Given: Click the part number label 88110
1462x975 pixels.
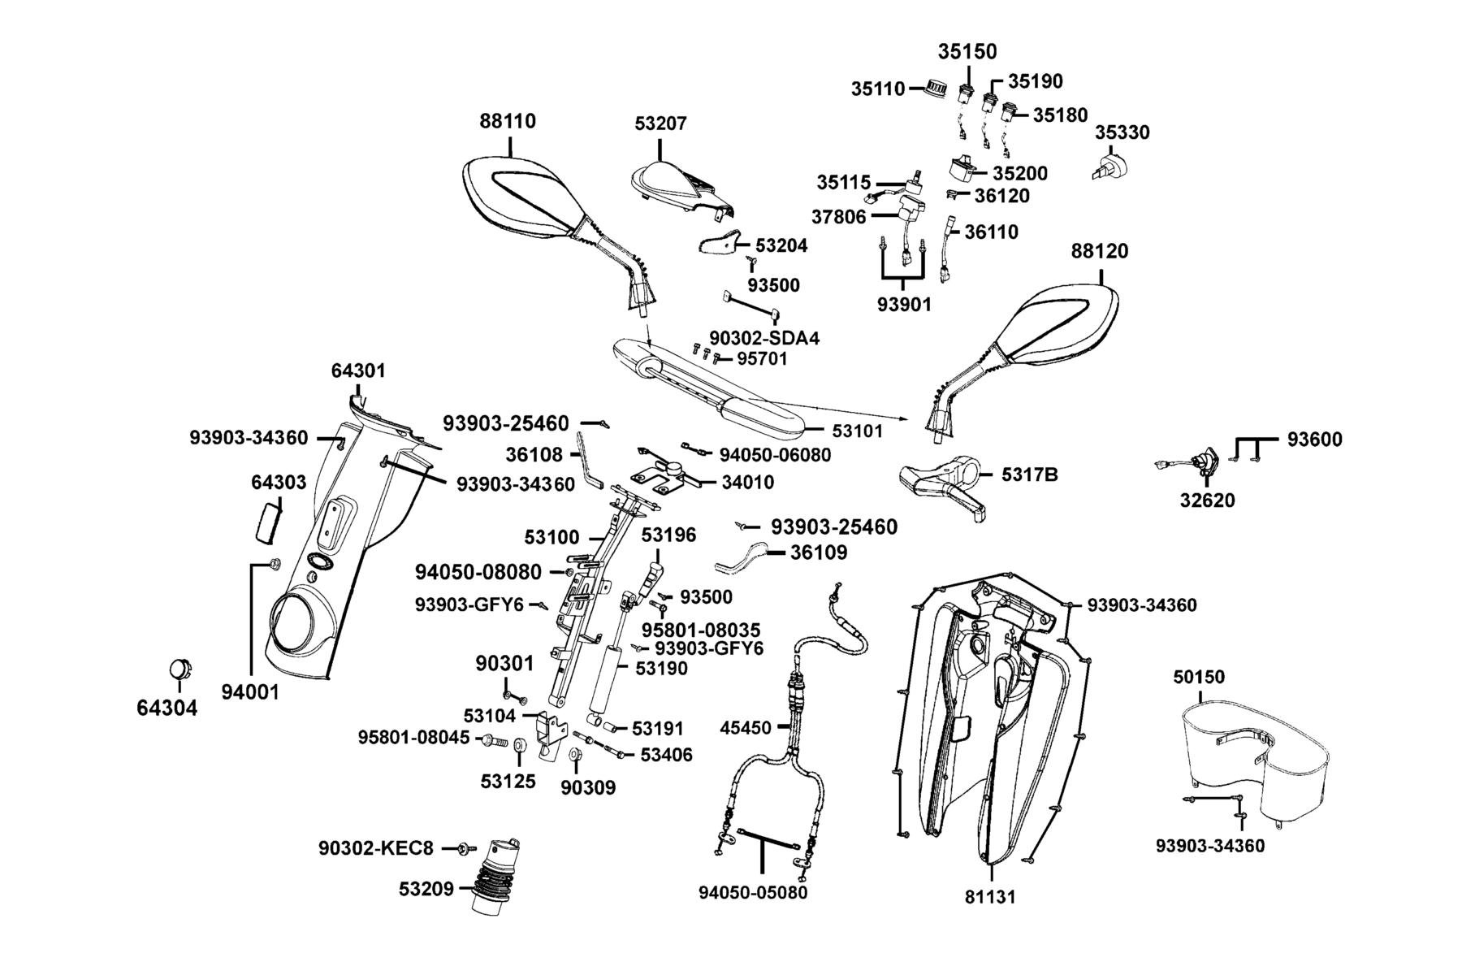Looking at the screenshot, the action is pos(508,121).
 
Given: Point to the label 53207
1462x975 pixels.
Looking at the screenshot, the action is pos(660,123).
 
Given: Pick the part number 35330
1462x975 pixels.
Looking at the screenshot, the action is pos(1122,132).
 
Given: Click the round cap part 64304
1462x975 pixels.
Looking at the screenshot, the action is pos(180,669).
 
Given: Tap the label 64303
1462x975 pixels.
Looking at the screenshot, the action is pos(279,482).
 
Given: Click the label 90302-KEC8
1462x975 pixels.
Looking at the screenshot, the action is pos(375,848).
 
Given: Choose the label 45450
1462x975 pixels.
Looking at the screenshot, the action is pos(746,728).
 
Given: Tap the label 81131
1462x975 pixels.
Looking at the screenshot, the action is pos(990,897).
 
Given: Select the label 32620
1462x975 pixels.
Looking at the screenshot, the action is pos(1207,500).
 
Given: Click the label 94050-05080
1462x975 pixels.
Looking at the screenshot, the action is pos(753,892).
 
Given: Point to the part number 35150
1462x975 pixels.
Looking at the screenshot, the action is pos(967,51).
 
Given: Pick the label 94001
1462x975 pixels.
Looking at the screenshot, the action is pos(250,692).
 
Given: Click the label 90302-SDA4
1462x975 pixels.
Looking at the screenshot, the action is pos(764,337).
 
